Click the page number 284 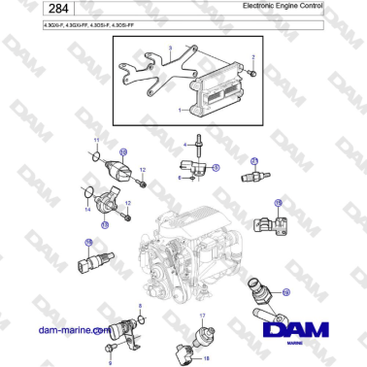(x=27, y=8)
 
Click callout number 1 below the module (x=181, y=111)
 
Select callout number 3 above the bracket (x=170, y=47)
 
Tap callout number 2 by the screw (x=253, y=59)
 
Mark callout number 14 (x=87, y=209)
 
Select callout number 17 (x=202, y=317)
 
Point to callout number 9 (x=109, y=361)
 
